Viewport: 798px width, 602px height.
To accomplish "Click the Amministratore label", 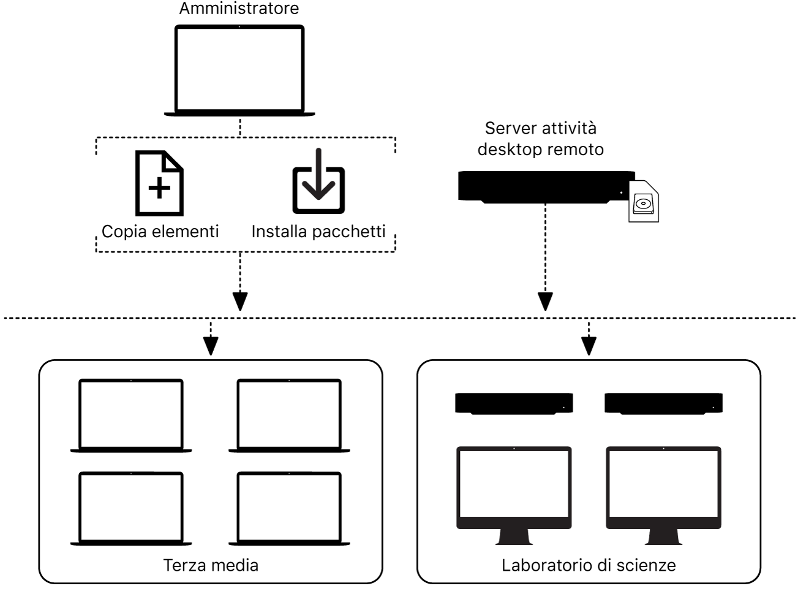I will pos(239,9).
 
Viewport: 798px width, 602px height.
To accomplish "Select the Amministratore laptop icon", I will pos(239,70).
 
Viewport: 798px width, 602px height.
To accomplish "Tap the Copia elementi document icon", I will pos(159,183).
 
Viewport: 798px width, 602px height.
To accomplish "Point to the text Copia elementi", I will pos(160,231).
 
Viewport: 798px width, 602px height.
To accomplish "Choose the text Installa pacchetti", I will pos(318,231).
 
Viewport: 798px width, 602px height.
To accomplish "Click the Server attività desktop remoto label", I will pos(540,139).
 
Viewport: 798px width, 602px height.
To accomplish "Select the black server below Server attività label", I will pos(546,186).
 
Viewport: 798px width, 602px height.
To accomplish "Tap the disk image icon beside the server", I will pos(644,202).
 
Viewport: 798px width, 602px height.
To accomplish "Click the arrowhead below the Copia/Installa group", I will pos(240,301).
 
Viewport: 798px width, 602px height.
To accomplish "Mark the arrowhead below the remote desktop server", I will pos(545,301).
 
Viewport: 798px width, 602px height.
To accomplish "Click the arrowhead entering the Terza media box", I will pos(211,346).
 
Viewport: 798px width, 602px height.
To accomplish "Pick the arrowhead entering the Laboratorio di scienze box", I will pos(589,346).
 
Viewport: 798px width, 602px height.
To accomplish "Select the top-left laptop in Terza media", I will pos(131,416).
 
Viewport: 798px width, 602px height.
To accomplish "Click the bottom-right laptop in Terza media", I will pos(289,508).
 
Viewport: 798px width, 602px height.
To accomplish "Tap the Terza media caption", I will pos(211,565).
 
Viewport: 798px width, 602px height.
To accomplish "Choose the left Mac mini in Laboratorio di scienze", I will pos(514,403).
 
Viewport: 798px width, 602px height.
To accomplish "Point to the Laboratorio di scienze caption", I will pos(589,565).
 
